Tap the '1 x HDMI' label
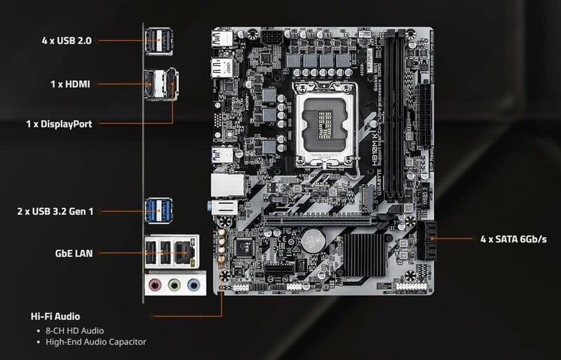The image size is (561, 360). click(70, 84)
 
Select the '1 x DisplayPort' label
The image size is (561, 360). click(59, 124)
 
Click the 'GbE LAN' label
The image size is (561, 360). click(74, 253)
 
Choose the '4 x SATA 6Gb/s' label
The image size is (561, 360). click(513, 239)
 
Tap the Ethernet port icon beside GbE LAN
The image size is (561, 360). click(186, 251)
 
